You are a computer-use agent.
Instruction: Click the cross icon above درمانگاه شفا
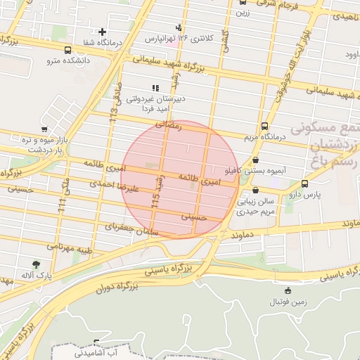pyautogui.click(x=103, y=32)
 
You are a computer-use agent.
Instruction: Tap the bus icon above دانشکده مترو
pyautogui.click(x=67, y=51)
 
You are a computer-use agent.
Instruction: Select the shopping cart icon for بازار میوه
pyautogui.click(x=44, y=129)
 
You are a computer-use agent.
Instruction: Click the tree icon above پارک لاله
pyautogui.click(x=36, y=264)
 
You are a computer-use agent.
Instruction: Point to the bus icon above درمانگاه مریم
pyautogui.click(x=264, y=127)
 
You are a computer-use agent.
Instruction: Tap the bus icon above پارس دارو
pyautogui.click(x=304, y=184)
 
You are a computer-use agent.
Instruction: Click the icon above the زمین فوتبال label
pyautogui.click(x=287, y=291)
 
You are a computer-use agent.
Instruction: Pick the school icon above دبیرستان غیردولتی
pyautogui.click(x=155, y=88)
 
